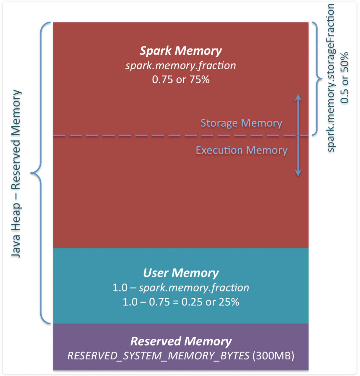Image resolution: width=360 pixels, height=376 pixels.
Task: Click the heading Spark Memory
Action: click(180, 51)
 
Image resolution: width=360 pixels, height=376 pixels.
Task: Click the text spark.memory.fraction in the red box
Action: click(180, 65)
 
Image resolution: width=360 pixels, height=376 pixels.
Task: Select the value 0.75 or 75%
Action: click(180, 80)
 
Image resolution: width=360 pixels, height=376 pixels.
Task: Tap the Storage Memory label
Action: click(241, 123)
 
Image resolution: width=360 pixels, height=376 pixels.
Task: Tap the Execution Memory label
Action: click(241, 150)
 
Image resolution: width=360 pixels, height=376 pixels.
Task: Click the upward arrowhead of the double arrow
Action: click(298, 97)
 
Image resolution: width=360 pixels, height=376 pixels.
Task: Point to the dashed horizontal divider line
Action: click(133, 136)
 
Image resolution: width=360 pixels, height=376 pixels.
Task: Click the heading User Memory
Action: click(180, 273)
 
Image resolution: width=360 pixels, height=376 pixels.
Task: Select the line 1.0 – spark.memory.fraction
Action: click(180, 288)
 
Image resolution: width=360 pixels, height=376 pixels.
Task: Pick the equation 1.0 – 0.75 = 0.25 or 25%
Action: click(180, 302)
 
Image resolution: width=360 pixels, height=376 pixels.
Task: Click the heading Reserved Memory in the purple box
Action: click(180, 341)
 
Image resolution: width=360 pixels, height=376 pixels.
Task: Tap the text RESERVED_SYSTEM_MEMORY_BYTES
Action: click(158, 356)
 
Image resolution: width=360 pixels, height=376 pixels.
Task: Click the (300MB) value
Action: click(273, 356)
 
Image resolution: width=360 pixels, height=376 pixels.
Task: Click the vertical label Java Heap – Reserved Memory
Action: click(16, 173)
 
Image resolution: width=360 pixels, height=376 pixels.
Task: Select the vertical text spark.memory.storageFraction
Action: click(331, 78)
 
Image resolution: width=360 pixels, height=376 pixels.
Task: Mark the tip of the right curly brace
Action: click(322, 79)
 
